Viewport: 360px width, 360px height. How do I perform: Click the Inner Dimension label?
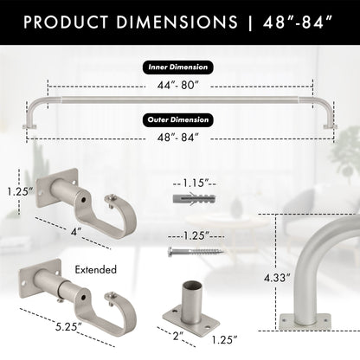click(179, 67)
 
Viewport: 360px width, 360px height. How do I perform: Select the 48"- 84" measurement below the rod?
click(179, 137)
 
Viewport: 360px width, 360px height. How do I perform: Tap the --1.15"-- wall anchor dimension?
click(198, 183)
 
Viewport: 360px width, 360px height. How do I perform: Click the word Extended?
click(95, 270)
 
